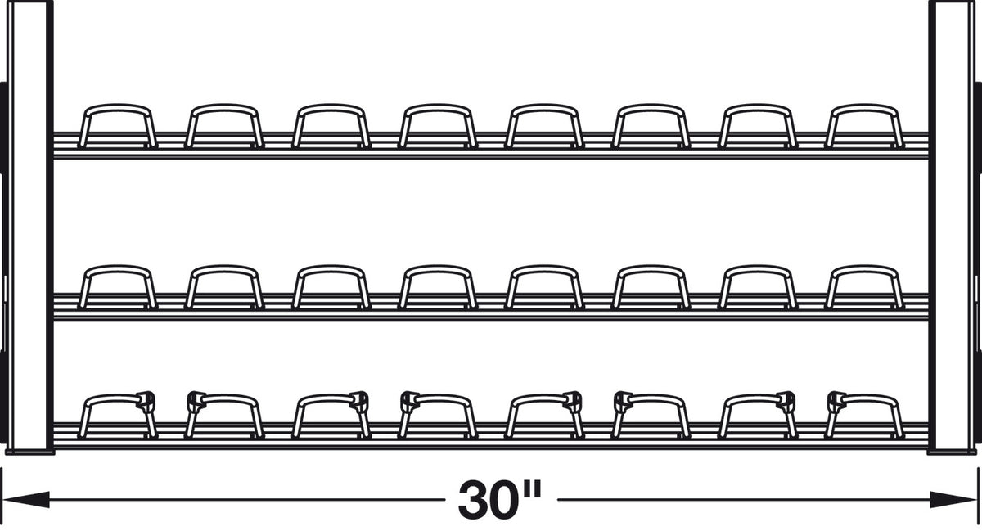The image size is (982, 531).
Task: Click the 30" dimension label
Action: (x=500, y=499)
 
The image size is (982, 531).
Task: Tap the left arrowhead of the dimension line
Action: (x=25, y=499)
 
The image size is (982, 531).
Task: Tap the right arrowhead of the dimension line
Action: (x=954, y=499)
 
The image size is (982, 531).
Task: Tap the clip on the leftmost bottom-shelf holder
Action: (x=146, y=400)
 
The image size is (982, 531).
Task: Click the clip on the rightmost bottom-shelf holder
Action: (x=836, y=401)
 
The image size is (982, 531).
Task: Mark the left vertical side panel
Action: (x=29, y=227)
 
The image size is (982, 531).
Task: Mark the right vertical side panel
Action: (x=952, y=227)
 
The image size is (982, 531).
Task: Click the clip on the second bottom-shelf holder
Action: (x=196, y=401)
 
